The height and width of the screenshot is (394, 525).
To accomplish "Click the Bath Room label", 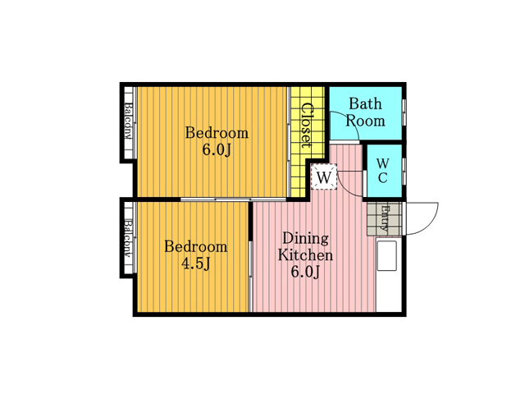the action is coord(365,112).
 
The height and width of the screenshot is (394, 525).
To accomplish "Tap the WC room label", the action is coord(383,171).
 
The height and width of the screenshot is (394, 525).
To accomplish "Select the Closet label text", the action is coord(307,126).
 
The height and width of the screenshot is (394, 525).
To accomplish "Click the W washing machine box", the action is coord(324,176).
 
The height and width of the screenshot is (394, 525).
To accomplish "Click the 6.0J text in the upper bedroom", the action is coord(217,150).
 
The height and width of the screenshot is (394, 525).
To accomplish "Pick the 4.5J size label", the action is coord(195,264).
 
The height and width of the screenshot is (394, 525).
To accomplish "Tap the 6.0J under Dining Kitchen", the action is coord(305,272).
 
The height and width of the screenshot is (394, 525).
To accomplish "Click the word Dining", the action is coord(306,239).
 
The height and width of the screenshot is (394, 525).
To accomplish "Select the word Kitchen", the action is coord(305,255).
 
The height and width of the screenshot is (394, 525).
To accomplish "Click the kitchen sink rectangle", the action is coord(386,255).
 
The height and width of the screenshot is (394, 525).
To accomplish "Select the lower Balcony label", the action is coord(128,237).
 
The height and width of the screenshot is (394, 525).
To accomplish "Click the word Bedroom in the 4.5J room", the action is coord(195,247).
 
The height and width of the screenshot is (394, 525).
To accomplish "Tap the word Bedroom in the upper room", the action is coord(217,133).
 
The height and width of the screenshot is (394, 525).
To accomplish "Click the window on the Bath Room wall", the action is coord(404,112).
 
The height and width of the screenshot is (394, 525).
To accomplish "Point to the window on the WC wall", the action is coord(404,171).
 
